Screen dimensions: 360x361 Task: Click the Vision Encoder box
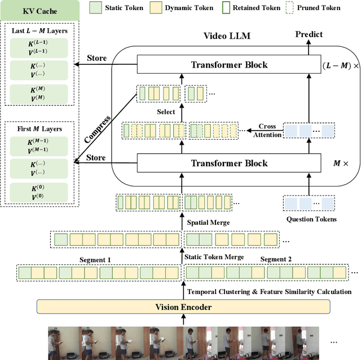tap(183, 307)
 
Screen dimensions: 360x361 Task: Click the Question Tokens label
tap(307, 220)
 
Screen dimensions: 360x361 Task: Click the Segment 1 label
tap(96, 260)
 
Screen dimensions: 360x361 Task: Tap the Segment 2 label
tap(276, 260)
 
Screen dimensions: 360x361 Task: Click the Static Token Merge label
tap(214, 257)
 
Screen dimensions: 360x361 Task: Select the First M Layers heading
tap(38, 129)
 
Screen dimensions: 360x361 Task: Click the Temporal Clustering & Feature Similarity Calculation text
tap(269, 291)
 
